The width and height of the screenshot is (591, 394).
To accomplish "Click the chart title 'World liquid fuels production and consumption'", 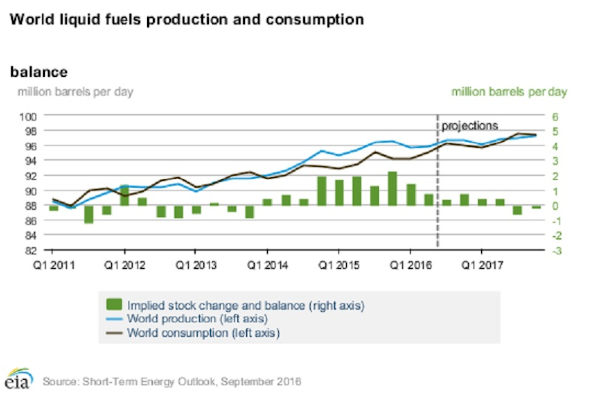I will (187, 20).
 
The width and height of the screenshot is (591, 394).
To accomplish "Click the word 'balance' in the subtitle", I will (38, 72).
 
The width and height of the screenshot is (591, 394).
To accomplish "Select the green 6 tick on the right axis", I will (555, 116).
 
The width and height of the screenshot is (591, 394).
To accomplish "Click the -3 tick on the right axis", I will (555, 251).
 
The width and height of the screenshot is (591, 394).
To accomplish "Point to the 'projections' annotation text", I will (469, 126).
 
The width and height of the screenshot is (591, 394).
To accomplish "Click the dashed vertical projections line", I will (437, 197).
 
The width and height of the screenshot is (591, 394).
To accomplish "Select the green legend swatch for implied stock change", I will (115, 305).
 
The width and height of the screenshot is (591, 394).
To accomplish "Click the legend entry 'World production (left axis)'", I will (197, 319).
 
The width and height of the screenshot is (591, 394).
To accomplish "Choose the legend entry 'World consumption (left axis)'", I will (203, 332).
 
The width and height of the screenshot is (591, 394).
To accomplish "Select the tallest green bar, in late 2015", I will (393, 188).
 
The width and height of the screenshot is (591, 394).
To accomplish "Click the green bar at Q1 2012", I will (125, 196).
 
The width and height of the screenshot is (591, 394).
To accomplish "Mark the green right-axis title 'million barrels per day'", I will (509, 92).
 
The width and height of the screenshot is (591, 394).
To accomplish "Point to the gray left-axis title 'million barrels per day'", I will (75, 92).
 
